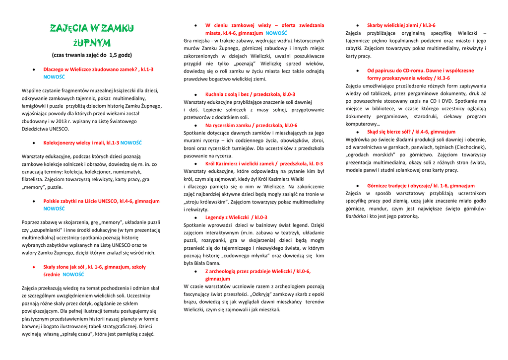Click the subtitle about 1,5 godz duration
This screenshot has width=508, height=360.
[x=92, y=55]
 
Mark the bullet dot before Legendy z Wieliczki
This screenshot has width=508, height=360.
[x=196, y=217]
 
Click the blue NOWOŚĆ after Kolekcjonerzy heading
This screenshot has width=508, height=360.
[x=131, y=143]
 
